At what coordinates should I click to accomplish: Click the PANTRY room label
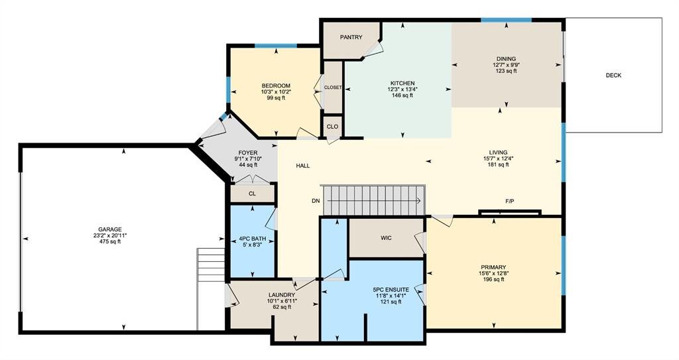(x=351, y=37)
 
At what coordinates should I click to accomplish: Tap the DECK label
(x=613, y=76)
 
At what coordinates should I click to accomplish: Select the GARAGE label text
(x=110, y=229)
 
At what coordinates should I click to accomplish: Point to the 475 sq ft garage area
(x=110, y=242)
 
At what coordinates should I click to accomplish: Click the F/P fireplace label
(x=510, y=202)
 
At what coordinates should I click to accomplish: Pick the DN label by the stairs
(x=316, y=201)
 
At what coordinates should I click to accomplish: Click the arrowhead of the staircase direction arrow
(x=419, y=201)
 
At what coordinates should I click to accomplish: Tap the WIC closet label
(x=387, y=238)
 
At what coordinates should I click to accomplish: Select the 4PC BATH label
(x=253, y=239)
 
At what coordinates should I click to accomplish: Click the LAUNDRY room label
(x=282, y=295)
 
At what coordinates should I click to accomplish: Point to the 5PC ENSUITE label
(x=391, y=290)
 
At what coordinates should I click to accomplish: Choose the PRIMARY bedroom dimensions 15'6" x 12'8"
(x=493, y=273)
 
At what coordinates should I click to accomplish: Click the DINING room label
(x=506, y=59)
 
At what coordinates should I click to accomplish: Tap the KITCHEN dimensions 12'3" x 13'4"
(x=402, y=90)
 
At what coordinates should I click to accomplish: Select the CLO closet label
(x=332, y=127)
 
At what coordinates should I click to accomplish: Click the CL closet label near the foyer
(x=253, y=194)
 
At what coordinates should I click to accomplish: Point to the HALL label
(x=302, y=166)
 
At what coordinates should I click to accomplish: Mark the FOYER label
(x=248, y=153)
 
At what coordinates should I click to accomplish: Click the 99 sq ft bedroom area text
(x=276, y=98)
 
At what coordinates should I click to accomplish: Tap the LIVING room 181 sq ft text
(x=498, y=164)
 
